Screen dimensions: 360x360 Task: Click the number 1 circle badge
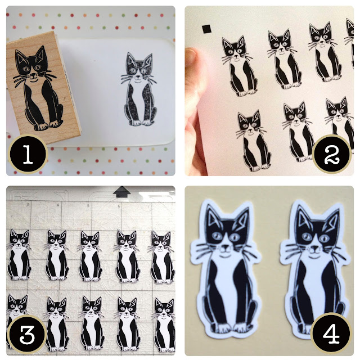[28, 154]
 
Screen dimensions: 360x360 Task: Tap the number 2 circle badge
[332, 154]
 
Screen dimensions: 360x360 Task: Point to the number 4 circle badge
[331, 334]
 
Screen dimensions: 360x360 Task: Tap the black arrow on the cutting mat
[121, 192]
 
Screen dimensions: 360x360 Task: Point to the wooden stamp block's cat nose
[34, 75]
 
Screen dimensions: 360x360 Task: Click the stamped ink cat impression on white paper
[138, 89]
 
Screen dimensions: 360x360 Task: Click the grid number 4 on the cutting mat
[57, 205]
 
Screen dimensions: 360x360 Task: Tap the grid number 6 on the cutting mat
[119, 206]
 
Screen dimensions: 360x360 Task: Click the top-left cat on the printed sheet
[237, 66]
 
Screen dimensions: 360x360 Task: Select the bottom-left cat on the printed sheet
[253, 141]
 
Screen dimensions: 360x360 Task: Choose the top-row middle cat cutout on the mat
[90, 256]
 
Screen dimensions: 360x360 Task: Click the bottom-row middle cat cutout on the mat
[92, 324]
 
